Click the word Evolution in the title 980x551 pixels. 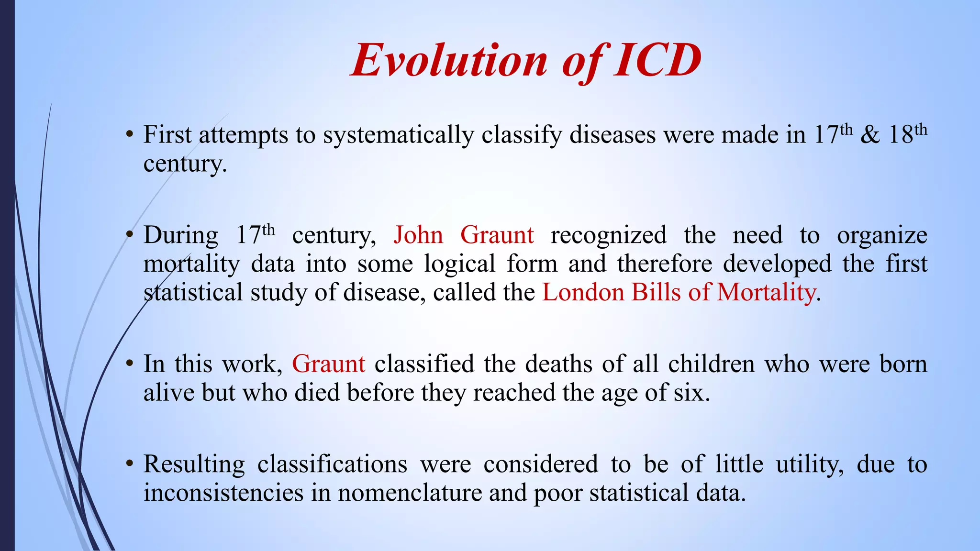click(449, 61)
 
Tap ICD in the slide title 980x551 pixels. click(657, 61)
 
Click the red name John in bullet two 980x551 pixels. click(418, 235)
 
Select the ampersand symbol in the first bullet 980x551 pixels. click(869, 135)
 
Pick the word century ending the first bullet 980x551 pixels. click(184, 164)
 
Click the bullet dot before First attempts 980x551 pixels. click(129, 135)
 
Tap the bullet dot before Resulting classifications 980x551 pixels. click(129, 464)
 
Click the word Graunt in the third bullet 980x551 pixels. click(328, 364)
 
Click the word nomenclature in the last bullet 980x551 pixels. click(410, 493)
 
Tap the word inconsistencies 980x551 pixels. click(223, 493)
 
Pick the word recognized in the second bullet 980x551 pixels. click(608, 235)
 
